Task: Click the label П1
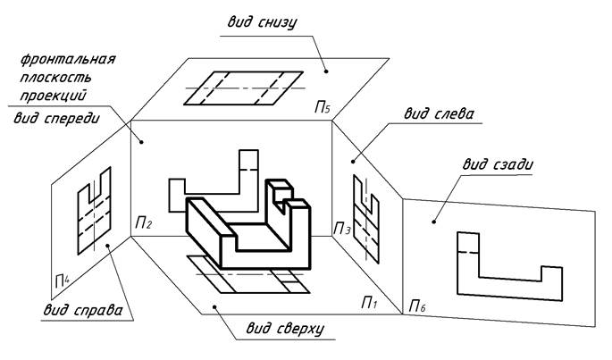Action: [x=369, y=302]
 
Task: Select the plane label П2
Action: [x=143, y=223]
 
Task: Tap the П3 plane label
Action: [x=342, y=230]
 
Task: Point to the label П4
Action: [x=63, y=280]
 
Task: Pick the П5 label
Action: [x=323, y=106]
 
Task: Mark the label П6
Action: [x=417, y=306]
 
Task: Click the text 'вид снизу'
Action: [x=262, y=22]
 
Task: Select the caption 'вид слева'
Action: [x=439, y=113]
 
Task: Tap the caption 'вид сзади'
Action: [x=498, y=164]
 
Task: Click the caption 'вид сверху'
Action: [x=285, y=329]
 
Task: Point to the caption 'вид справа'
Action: [x=83, y=310]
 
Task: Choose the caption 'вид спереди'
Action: [x=57, y=118]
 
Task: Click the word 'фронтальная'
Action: [x=68, y=59]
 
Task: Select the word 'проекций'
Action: [x=53, y=96]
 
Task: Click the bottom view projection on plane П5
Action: [x=244, y=88]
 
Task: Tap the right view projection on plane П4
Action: [x=94, y=211]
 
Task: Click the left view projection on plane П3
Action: [x=366, y=220]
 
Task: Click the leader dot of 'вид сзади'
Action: [x=433, y=222]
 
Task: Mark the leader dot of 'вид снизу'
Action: [x=327, y=71]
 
